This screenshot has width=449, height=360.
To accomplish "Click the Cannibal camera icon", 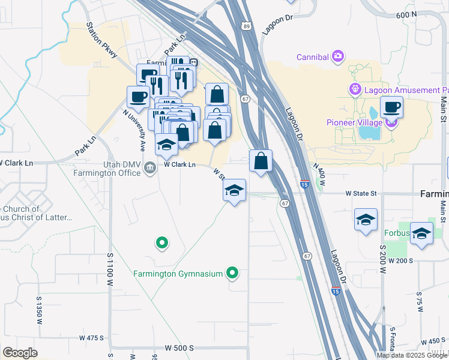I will coord(338,56).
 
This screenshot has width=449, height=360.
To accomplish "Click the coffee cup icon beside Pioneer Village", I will coord(391,107).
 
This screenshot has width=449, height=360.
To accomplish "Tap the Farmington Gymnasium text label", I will coord(179,274).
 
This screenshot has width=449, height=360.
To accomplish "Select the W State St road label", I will coord(361,194).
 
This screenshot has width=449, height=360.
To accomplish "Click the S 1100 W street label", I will coord(110,276).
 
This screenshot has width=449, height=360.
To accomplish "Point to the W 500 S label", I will coord(179,348).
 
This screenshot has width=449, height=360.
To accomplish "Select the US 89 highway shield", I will coord(246,26).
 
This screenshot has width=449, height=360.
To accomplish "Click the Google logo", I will coord(20,353).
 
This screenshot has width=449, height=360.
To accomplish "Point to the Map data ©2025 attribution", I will coord(412,355).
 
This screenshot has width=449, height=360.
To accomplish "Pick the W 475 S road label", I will coord(92,338).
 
